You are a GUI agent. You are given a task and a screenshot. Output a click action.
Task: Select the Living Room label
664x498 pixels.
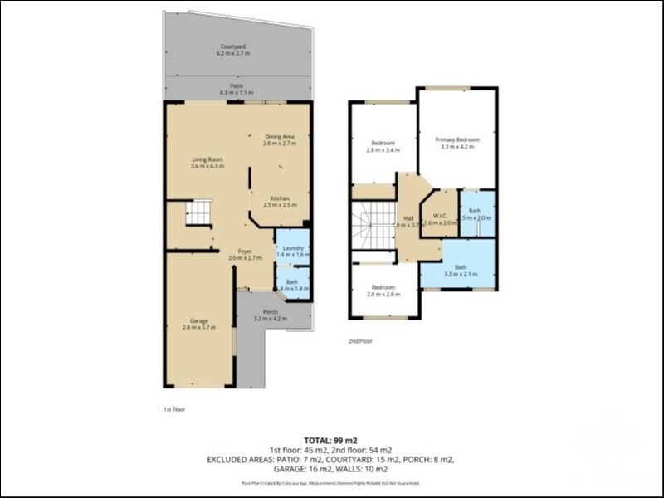tap(207, 163)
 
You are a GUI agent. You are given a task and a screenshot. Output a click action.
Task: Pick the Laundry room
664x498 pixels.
tap(292, 251)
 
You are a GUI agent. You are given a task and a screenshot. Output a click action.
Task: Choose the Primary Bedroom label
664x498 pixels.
tap(456, 144)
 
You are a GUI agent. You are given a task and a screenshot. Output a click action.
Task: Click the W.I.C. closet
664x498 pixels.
tap(440, 218)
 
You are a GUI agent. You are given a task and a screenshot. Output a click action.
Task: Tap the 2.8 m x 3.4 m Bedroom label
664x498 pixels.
tap(383, 147)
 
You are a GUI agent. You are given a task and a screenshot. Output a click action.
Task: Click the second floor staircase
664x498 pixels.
tap(371, 226)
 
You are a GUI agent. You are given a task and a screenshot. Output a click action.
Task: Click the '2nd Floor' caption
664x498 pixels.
tap(360, 341)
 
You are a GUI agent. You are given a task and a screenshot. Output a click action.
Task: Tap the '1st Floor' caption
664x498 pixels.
tap(174, 409)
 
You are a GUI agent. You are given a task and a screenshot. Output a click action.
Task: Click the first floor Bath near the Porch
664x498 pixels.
tap(292, 285)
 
